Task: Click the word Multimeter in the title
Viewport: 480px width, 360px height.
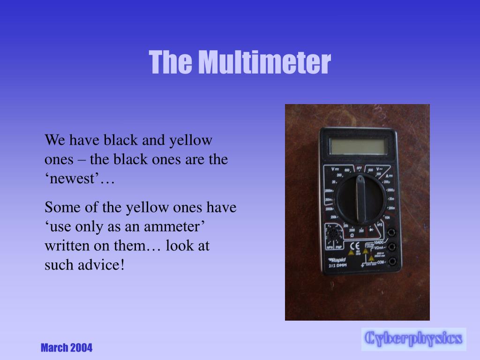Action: click(x=263, y=62)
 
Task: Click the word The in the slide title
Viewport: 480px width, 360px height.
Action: click(x=171, y=62)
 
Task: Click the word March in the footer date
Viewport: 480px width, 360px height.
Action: click(x=54, y=348)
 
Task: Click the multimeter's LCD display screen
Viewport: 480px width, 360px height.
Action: click(x=358, y=146)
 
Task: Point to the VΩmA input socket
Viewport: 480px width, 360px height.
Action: click(x=391, y=247)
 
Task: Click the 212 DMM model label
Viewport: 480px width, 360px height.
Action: click(x=337, y=266)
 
